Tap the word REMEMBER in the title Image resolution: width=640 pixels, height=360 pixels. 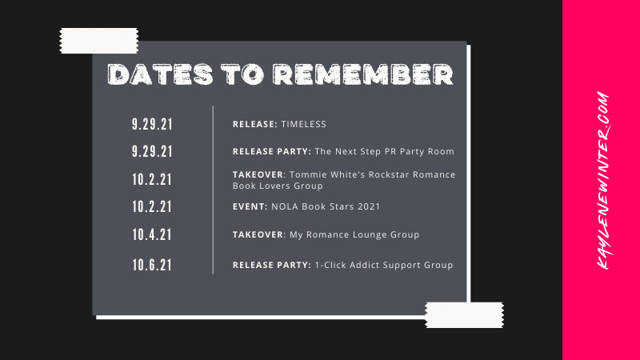(x=363, y=74)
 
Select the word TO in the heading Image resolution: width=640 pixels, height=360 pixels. (x=242, y=74)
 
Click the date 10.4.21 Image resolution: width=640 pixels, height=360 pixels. (x=152, y=234)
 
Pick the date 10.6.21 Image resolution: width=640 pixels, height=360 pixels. (x=152, y=266)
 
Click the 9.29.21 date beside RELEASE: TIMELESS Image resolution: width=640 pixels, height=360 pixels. (x=152, y=124)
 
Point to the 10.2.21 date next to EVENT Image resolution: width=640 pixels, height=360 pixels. (x=152, y=207)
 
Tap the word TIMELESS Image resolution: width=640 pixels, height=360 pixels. (x=304, y=124)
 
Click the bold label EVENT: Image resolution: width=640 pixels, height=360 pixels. (x=250, y=206)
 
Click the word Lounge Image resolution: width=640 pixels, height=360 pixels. (x=370, y=234)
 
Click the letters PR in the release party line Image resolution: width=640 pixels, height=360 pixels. (x=390, y=151)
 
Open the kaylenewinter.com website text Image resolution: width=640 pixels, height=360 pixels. (x=602, y=181)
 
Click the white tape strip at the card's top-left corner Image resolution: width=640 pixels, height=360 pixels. (x=99, y=41)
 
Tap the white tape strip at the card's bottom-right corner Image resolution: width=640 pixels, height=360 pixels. (x=464, y=315)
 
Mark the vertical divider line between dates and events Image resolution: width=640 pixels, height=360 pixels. (x=213, y=190)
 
